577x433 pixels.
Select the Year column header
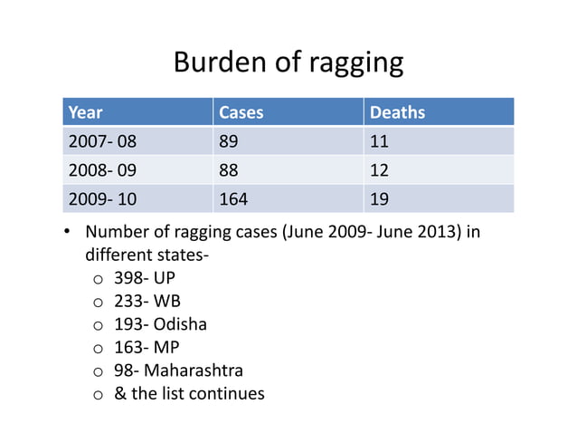[86, 112]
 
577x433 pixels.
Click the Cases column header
[241, 112]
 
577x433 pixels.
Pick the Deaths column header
[397, 112]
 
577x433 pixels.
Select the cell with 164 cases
[233, 197]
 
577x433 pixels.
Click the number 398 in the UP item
[128, 277]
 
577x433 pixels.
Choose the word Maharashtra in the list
[194, 370]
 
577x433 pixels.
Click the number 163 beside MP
[128, 347]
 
